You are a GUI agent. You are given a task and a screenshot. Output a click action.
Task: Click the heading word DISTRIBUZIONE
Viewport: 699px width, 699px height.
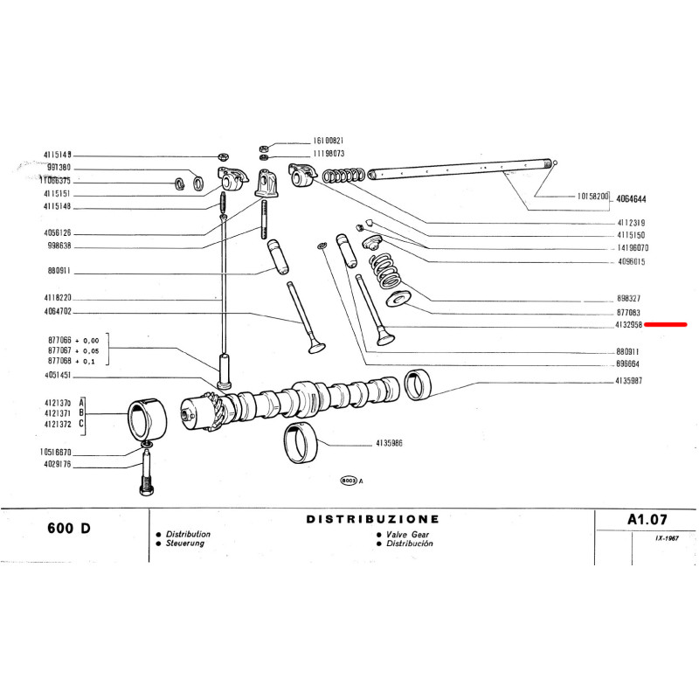[x=373, y=519]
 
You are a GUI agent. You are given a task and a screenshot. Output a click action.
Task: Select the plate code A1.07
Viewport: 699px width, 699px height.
[x=647, y=519]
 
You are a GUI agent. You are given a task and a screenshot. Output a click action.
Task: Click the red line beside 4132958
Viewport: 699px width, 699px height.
[x=666, y=324]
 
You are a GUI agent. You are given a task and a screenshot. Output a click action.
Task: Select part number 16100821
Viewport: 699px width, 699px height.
[x=329, y=141]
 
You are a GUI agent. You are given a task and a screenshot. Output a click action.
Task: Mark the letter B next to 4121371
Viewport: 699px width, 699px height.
[x=81, y=412]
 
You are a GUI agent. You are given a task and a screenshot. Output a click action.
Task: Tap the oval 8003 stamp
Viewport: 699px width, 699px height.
[x=348, y=481]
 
